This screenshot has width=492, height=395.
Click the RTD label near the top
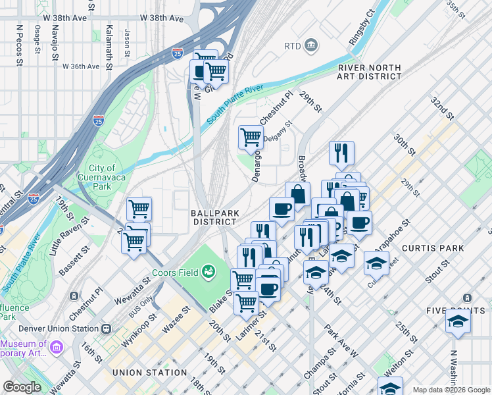pyautogui.click(x=293, y=46)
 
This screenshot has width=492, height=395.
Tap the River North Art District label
pyautogui.click(x=369, y=72)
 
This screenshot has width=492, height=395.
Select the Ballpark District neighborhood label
pyautogui.click(x=214, y=217)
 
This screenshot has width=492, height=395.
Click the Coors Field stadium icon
pyautogui.click(x=209, y=270)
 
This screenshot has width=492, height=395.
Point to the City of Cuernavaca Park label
pyautogui.click(x=102, y=177)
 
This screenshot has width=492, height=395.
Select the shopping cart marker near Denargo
pyautogui.click(x=251, y=137)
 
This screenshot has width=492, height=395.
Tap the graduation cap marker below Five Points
pyautogui.click(x=458, y=322)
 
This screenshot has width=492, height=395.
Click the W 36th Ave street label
pyautogui.click(x=81, y=66)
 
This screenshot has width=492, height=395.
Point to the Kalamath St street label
pyautogui.click(x=110, y=39)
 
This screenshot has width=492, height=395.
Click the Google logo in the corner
pyautogui.click(x=22, y=387)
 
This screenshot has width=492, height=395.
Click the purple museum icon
pyautogui.click(x=56, y=346)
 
